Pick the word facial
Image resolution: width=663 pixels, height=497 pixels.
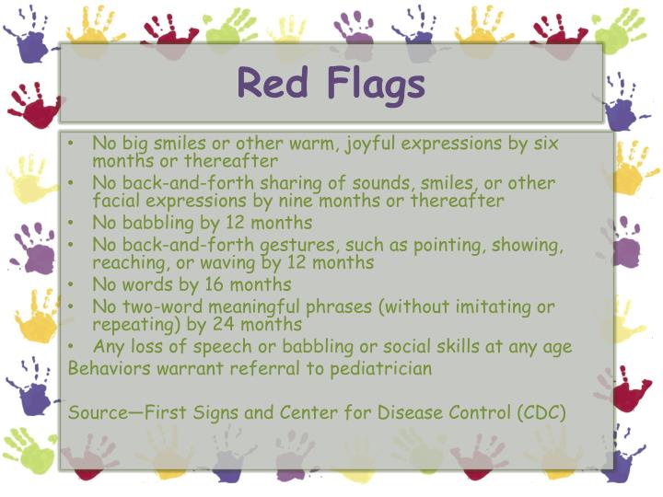click(x=117, y=200)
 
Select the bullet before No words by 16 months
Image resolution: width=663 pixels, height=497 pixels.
click(x=74, y=284)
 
